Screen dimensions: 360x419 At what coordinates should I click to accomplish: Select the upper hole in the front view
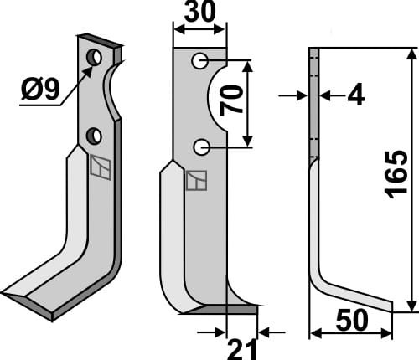[x=199, y=61]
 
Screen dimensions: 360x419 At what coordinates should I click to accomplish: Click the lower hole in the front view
[x=201, y=147]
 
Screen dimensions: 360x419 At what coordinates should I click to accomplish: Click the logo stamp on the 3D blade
[x=100, y=168]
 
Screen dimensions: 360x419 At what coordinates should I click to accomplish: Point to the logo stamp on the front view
[x=197, y=180]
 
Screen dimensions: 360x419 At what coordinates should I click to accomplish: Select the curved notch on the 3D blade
[x=111, y=92]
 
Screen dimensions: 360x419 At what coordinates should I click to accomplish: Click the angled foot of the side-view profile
[x=356, y=297]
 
